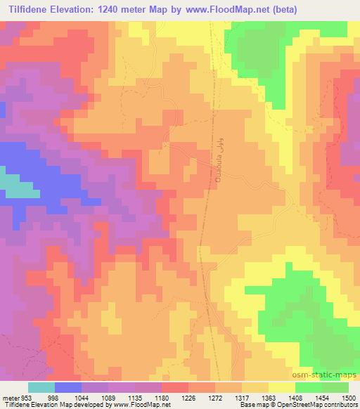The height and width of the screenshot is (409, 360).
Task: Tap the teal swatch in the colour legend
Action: pyautogui.click(x=41, y=387)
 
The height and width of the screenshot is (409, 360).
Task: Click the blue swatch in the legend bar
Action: pyautogui.click(x=68, y=387)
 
